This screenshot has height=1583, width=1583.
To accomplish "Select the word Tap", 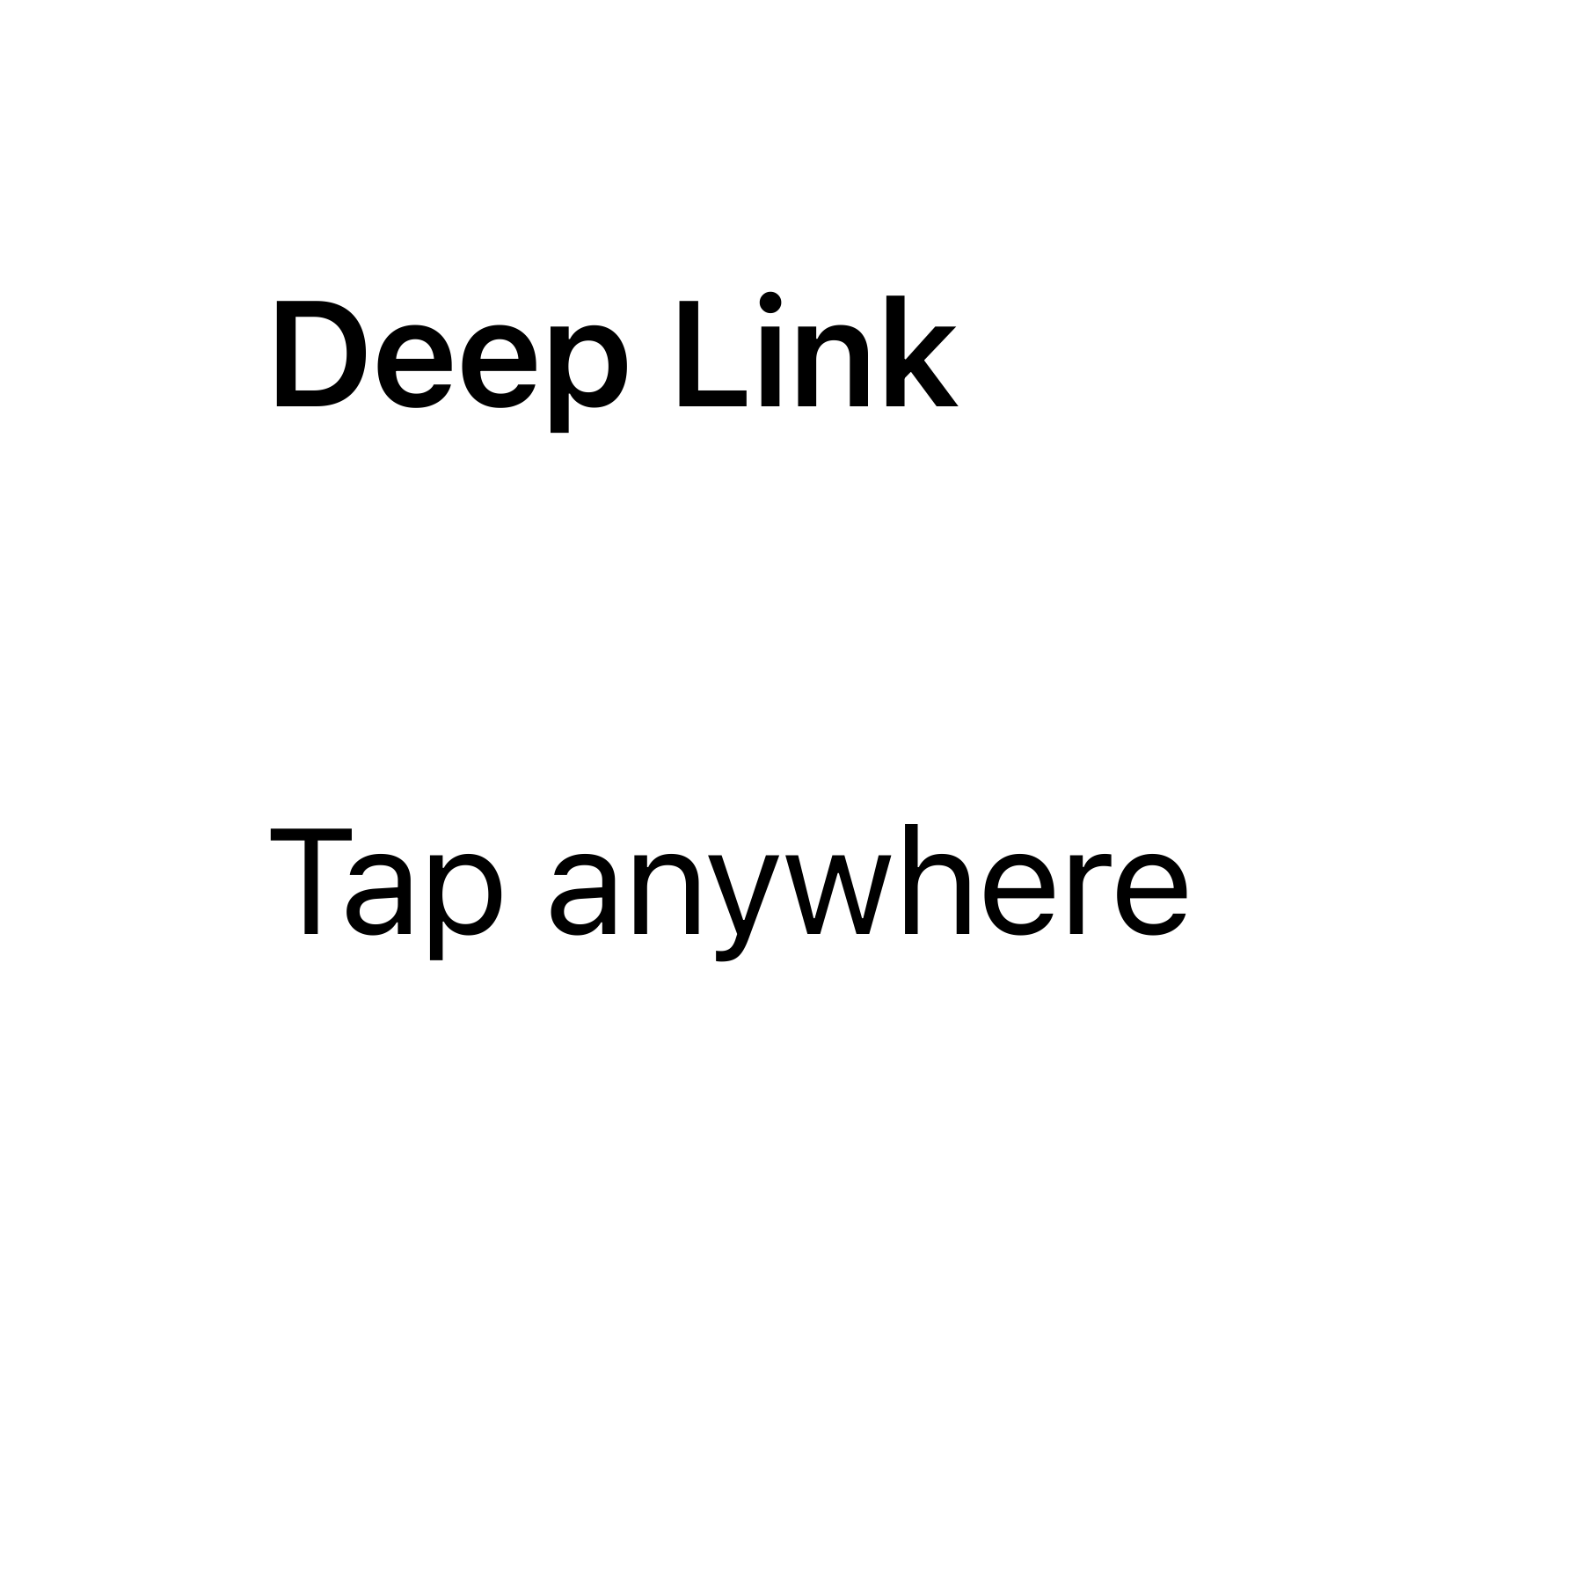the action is [x=387, y=884].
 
